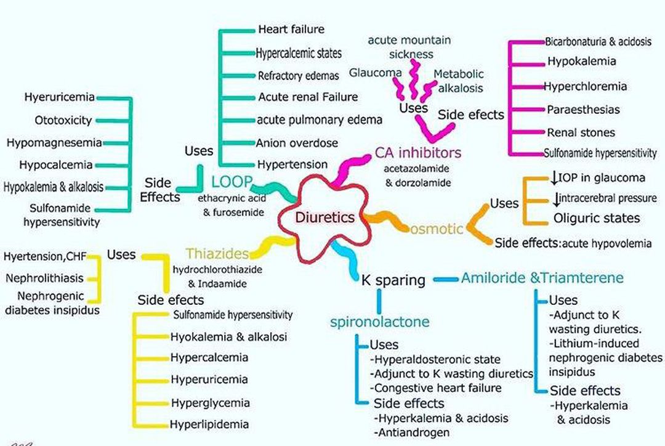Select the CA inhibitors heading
pyautogui.click(x=418, y=152)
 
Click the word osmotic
pyautogui.click(x=437, y=229)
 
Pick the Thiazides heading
pyautogui.click(x=217, y=253)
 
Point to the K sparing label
pyautogui.click(x=393, y=280)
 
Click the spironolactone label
pyautogui.click(x=379, y=322)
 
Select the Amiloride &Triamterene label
pyautogui.click(x=542, y=278)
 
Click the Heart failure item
pyautogui.click(x=291, y=29)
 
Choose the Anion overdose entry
pyautogui.click(x=298, y=143)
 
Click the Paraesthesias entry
pyautogui.click(x=583, y=110)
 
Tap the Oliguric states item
pyautogui.click(x=596, y=217)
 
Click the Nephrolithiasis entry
pyautogui.click(x=44, y=278)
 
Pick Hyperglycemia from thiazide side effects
pyautogui.click(x=211, y=403)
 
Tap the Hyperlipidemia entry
pyautogui.click(x=210, y=424)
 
